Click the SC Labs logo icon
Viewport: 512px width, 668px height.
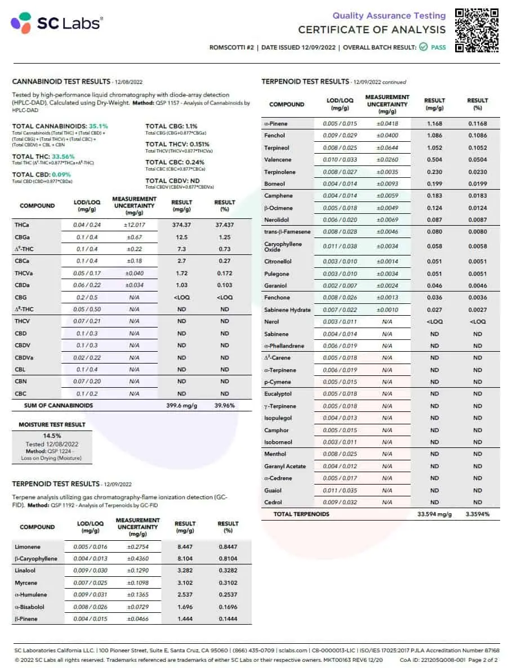tap(21, 23)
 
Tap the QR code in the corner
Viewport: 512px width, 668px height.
tap(477, 30)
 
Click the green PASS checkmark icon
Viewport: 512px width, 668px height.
tap(423, 47)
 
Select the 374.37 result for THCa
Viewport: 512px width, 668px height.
tap(181, 225)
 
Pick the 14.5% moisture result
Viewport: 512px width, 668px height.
tap(52, 436)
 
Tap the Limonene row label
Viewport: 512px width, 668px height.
tap(27, 547)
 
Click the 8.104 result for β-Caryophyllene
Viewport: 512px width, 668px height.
tap(185, 559)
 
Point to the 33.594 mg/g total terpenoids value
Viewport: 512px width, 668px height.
tap(434, 514)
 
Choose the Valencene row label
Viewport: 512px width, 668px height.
tap(278, 160)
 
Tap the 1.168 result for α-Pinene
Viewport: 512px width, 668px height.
tap(434, 124)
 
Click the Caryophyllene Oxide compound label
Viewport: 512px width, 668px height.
tap(283, 246)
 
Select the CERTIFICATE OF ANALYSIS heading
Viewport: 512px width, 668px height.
tap(372, 30)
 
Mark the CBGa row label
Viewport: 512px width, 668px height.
tap(23, 237)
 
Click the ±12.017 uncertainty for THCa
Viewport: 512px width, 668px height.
tap(134, 225)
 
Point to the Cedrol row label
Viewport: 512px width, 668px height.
tap(273, 503)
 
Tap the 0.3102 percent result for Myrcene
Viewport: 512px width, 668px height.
tap(228, 583)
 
